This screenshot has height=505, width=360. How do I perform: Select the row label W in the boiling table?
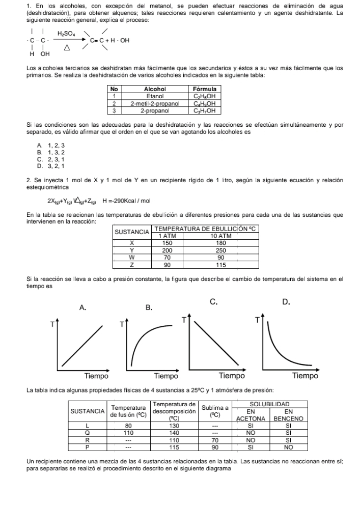(x=132, y=258)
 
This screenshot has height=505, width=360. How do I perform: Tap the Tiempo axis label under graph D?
(x=306, y=376)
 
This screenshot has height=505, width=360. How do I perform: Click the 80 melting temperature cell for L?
(x=128, y=425)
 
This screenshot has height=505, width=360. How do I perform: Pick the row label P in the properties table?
(x=87, y=446)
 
